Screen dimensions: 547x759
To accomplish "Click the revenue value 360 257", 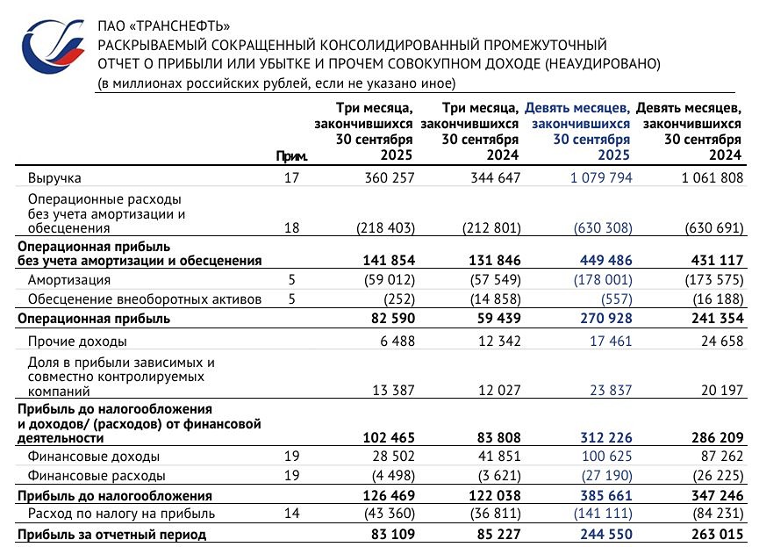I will (387, 177).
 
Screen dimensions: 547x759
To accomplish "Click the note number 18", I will (292, 228).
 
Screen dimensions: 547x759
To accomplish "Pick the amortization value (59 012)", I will (385, 280).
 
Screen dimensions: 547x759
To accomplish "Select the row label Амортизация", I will (69, 280).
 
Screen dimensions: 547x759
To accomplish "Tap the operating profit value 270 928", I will (601, 319).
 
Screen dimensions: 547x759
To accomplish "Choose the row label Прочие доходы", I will (77, 341).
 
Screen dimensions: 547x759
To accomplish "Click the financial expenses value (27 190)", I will (602, 476).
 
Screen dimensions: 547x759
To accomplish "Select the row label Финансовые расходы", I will (97, 476).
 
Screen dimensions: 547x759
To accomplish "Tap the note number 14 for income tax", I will (292, 514).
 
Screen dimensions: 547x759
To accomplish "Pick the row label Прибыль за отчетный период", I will (111, 534).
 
